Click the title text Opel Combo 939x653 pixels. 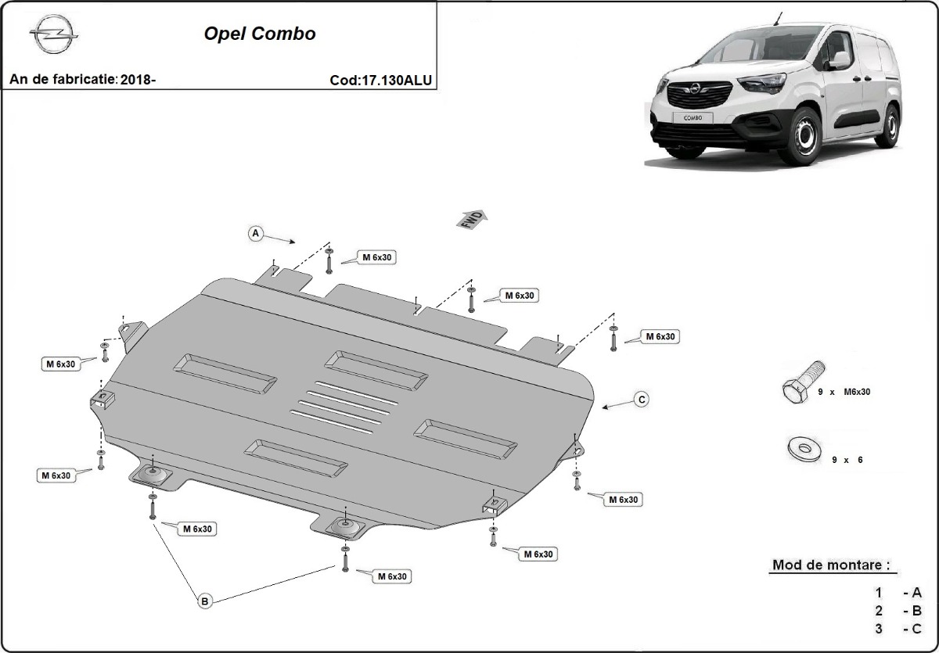pyautogui.click(x=260, y=34)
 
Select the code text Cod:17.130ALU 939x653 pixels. pyautogui.click(x=381, y=80)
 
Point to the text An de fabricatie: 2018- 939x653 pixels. pyautogui.click(x=83, y=80)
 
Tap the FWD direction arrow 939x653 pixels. pyautogui.click(x=472, y=219)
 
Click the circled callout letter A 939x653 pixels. pyautogui.click(x=255, y=233)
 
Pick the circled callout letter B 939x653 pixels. pyautogui.click(x=204, y=601)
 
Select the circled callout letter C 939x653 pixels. pyautogui.click(x=641, y=400)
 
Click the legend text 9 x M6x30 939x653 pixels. pyautogui.click(x=844, y=392)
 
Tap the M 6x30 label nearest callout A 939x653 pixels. pyautogui.click(x=377, y=257)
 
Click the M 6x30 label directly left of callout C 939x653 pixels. pyautogui.click(x=660, y=336)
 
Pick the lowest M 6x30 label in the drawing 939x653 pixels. pyautogui.click(x=392, y=576)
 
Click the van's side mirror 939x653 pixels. pyautogui.click(x=838, y=61)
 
